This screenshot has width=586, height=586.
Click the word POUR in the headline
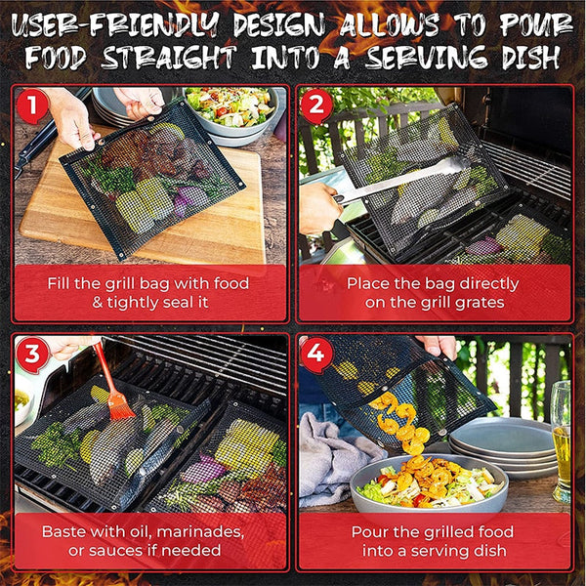pyautogui.click(x=528, y=21)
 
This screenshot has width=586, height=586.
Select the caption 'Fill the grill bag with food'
pyautogui.click(x=148, y=283)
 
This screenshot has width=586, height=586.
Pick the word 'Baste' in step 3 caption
pyautogui.click(x=64, y=532)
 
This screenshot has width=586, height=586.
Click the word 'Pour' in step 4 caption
pyautogui.click(x=370, y=532)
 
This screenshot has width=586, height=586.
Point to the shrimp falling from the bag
pyautogui.click(x=400, y=420)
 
